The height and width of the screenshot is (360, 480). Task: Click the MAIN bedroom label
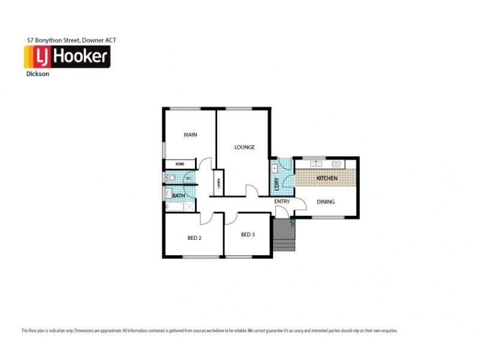point(190,135)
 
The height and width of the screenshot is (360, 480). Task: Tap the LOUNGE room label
point(244,147)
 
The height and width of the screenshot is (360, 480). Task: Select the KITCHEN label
point(327,179)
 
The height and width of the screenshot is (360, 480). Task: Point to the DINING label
point(326,202)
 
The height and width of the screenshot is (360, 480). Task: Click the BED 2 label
point(194,238)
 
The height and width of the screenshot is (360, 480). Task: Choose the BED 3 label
point(248,235)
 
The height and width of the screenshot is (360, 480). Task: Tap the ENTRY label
point(282,202)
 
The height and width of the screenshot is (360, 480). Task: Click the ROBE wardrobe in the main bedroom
point(179,164)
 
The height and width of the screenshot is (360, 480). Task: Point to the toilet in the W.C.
point(171,178)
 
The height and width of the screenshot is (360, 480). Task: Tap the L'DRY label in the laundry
point(277,184)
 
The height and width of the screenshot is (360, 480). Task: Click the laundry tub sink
point(275,169)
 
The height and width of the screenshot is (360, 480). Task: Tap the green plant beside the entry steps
point(292,223)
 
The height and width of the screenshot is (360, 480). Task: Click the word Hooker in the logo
point(82,58)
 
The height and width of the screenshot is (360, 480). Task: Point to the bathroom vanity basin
point(168,193)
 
